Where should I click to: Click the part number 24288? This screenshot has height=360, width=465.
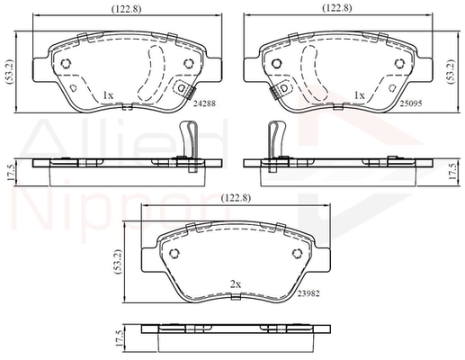click(x=204, y=103)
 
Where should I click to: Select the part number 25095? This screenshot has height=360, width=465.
click(x=411, y=103)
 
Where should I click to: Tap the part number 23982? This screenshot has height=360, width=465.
click(x=309, y=293)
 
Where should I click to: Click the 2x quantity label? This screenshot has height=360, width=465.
click(x=236, y=284)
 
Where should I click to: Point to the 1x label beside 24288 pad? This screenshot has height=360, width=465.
click(x=108, y=95)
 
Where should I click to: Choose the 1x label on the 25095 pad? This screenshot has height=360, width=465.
click(x=359, y=95)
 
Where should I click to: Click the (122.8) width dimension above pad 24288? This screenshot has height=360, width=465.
click(x=126, y=9)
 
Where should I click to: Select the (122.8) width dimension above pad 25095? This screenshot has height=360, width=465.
click(x=336, y=8)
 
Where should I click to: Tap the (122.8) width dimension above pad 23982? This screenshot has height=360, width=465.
click(x=236, y=198)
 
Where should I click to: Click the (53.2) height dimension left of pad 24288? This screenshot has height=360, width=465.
click(x=9, y=72)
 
